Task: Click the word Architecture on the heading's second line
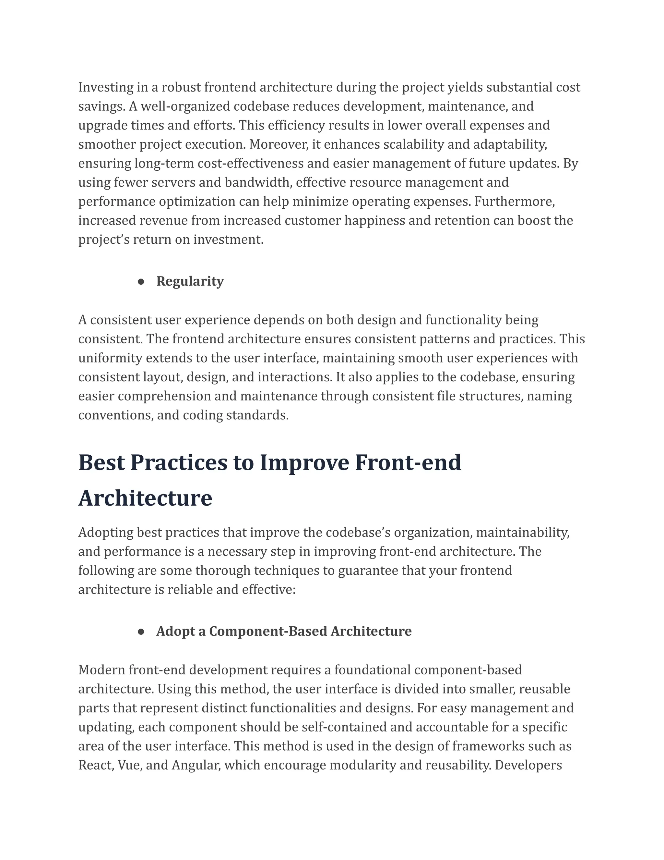[x=145, y=498]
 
